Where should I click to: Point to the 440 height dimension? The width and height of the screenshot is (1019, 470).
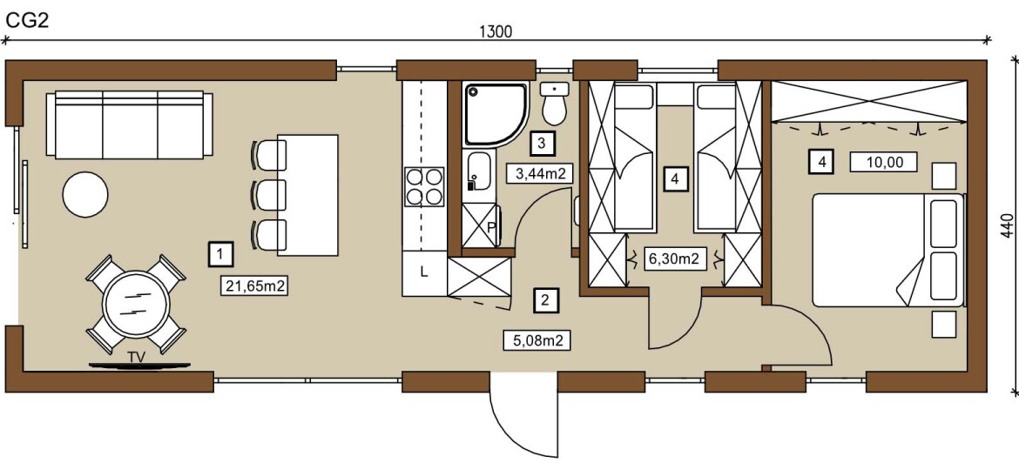coord(1008,225)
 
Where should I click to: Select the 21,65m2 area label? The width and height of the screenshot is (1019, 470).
coord(255,285)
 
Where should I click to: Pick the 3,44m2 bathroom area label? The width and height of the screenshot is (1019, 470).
coord(539,173)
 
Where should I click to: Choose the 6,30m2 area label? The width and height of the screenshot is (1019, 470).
coord(675,258)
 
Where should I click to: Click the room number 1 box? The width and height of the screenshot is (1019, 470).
coord(221,254)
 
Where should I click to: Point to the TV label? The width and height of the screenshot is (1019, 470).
coord(136,356)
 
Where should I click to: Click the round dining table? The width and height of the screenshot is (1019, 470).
coord(136,303)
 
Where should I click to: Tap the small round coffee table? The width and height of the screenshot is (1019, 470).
coord(85,194)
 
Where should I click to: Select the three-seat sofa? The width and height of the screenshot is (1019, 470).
coord(130,125)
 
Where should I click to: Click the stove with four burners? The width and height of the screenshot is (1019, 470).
coord(424,186)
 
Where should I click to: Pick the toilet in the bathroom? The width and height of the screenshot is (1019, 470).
coord(554,104)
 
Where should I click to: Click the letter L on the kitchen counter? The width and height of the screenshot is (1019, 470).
coord(424,272)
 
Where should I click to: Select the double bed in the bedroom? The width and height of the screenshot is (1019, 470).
coord(887,249)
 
